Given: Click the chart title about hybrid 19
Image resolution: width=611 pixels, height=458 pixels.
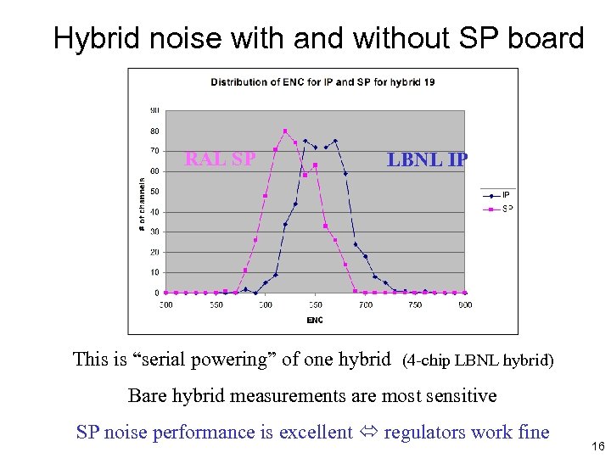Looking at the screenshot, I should click(x=322, y=82).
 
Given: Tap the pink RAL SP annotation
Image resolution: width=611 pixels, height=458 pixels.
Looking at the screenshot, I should click(x=220, y=159).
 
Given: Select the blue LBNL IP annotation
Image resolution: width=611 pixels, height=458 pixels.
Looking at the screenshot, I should click(x=427, y=159).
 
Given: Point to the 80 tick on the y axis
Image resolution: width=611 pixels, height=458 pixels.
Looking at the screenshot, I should click(x=154, y=131).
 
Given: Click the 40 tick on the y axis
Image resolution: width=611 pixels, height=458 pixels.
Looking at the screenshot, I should click(x=154, y=212).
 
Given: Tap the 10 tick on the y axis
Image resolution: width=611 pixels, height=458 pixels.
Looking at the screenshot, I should click(x=154, y=272).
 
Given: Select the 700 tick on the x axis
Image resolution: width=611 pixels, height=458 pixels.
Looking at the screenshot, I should click(x=365, y=304).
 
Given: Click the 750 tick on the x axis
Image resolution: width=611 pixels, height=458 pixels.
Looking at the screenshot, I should click(x=415, y=304).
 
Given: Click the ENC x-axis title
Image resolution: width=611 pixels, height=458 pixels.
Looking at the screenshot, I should click(x=315, y=320).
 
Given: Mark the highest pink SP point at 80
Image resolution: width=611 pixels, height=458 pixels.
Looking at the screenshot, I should click(x=285, y=131).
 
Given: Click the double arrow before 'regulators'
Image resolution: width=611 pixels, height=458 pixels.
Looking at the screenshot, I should click(x=367, y=433).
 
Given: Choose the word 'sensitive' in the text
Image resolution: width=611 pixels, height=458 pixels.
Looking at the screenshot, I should click(x=459, y=395).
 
